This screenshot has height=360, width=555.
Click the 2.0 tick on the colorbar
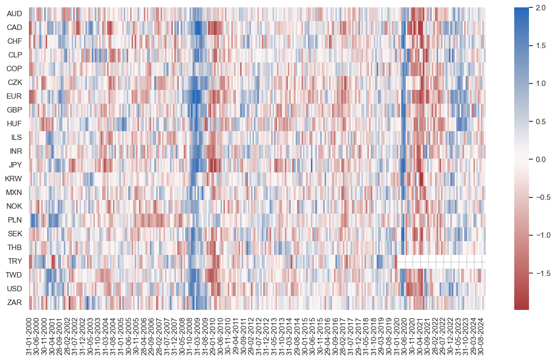point(540,8)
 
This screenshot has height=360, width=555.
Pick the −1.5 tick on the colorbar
point(543,273)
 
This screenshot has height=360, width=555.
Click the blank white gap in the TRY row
point(441,261)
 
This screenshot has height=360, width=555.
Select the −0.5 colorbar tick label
point(543,197)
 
